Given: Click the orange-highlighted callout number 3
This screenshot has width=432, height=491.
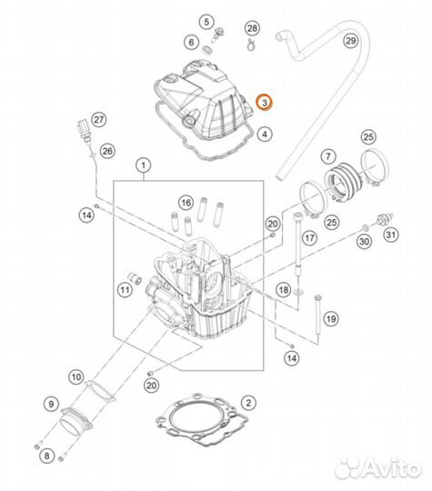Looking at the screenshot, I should click(x=264, y=104).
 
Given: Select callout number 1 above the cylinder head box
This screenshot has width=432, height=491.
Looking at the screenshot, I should click(x=143, y=165).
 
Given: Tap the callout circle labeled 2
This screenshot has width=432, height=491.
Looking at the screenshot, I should click(x=248, y=401).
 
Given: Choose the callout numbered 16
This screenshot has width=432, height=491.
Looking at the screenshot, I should click(x=186, y=201).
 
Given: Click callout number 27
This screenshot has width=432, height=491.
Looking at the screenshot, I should click(x=99, y=120).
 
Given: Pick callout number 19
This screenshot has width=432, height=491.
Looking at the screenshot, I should click(x=331, y=318).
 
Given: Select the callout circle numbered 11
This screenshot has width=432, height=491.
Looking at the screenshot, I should click(x=124, y=289).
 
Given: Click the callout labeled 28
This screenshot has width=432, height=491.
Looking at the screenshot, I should click(x=252, y=30).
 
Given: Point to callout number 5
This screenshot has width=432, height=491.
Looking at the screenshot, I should click(x=206, y=21).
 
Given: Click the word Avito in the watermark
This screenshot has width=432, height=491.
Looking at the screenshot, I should click(x=386, y=469).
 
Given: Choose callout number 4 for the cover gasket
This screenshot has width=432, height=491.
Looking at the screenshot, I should click(x=264, y=135).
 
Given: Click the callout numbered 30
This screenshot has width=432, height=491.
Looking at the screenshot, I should click(x=364, y=241).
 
